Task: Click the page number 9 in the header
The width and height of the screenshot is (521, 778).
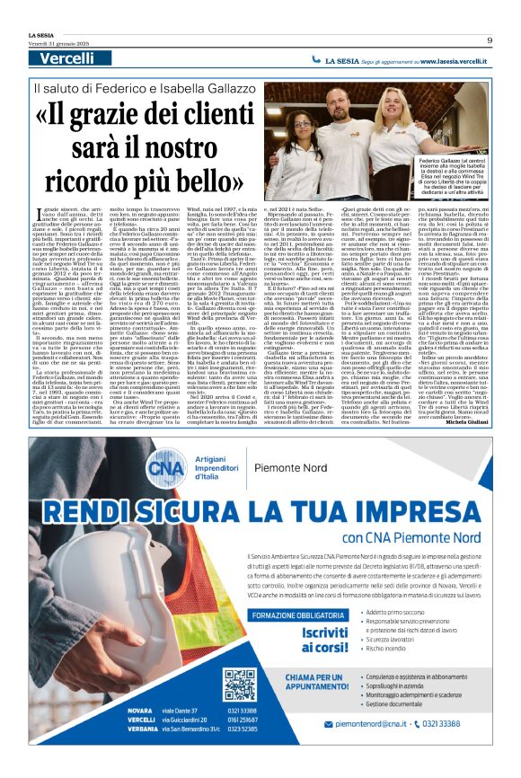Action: pos(490,40)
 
